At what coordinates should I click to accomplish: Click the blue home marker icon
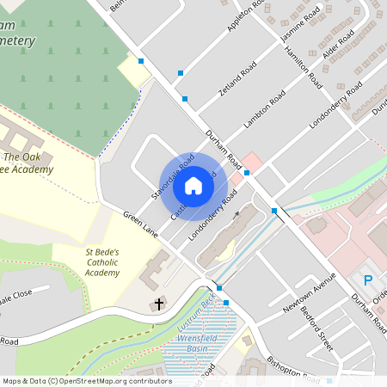click(x=193, y=184)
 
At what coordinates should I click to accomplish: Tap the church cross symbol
click(x=157, y=304)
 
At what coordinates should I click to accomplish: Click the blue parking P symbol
click(x=368, y=279)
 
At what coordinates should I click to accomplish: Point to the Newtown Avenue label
click(x=312, y=297)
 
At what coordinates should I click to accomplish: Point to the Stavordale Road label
click(x=172, y=179)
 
